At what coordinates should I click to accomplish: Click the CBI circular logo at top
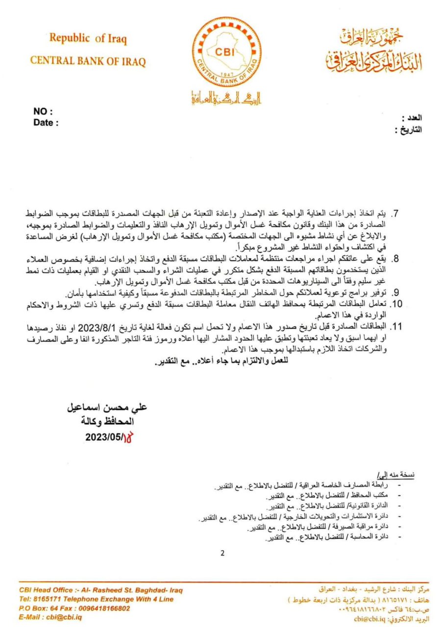[226, 52]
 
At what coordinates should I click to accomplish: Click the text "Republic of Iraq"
[88, 38]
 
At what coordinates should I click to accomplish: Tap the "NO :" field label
[43, 112]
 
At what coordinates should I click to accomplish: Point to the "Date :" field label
[46, 123]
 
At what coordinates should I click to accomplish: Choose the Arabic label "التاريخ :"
[408, 130]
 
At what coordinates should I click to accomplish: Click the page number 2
[222, 554]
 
